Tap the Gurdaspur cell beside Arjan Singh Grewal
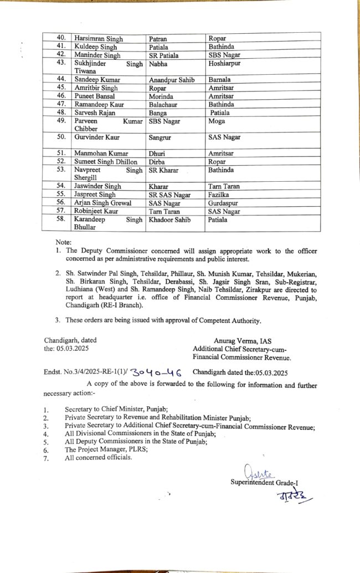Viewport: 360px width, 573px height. click(225, 203)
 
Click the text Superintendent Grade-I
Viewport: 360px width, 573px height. click(260, 483)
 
